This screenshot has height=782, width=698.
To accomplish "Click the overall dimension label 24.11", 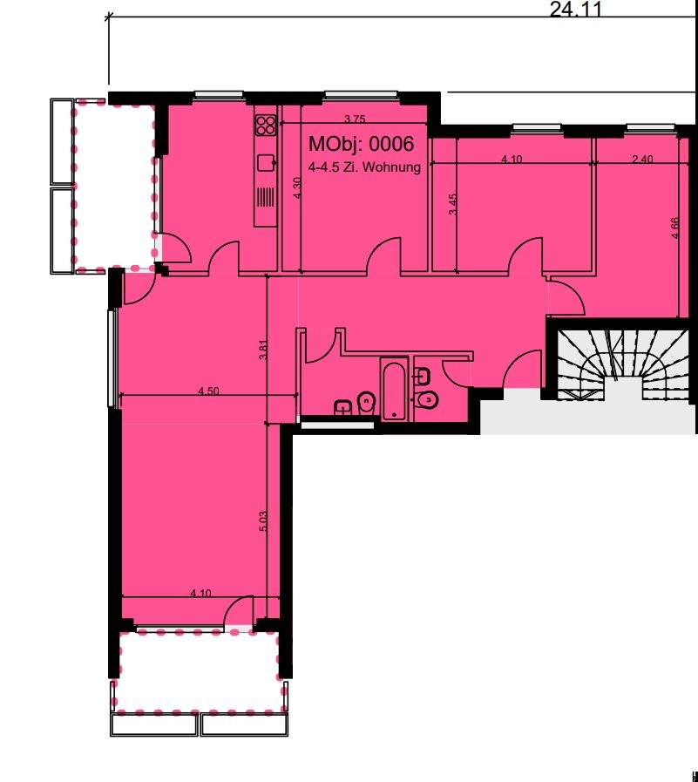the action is click(576, 9).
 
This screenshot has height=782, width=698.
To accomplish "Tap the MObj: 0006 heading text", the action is click(361, 144).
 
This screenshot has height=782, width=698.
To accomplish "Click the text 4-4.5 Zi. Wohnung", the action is click(364, 167).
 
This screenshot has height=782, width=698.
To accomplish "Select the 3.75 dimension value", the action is click(355, 119).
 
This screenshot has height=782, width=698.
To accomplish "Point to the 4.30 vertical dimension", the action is click(297, 188).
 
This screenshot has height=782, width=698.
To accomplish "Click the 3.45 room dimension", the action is click(453, 205).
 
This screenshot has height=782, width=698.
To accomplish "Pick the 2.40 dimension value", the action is click(642, 160).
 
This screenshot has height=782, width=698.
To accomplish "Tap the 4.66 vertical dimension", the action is click(675, 228).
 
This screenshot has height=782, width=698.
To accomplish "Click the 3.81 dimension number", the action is click(264, 350).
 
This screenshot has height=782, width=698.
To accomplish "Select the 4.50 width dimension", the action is click(208, 391).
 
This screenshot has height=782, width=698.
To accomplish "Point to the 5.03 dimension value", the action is click(264, 520).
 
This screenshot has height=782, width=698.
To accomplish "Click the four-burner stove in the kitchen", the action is click(266, 126).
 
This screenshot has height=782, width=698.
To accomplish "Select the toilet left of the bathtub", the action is click(367, 403).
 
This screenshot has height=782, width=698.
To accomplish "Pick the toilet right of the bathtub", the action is click(425, 399).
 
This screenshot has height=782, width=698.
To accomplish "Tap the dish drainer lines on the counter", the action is click(266, 198).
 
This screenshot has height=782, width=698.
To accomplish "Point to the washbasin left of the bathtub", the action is click(342, 407).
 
